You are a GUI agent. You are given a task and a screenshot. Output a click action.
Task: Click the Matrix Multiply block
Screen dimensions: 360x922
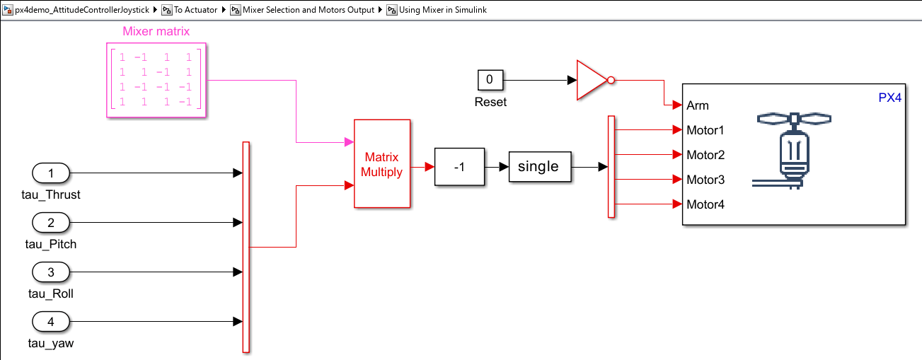[381, 163]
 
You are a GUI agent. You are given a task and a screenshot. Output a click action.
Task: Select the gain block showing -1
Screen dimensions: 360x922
[459, 167]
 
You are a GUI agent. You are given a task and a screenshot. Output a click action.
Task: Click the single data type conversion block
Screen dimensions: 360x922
[539, 167]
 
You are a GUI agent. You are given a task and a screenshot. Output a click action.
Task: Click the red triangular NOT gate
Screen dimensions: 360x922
[592, 81]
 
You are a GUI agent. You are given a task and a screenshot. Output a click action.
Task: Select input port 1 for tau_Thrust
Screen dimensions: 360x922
[51, 173]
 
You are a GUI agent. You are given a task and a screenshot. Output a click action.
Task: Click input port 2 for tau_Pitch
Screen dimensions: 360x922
[51, 223]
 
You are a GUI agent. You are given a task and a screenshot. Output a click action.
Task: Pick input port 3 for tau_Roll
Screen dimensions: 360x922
[51, 272]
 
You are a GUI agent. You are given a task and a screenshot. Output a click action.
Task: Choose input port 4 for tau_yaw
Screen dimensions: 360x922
[51, 323]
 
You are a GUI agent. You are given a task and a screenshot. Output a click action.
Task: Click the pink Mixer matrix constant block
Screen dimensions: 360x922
[156, 80]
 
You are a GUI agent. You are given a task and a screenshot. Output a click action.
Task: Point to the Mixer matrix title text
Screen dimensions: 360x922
[156, 32]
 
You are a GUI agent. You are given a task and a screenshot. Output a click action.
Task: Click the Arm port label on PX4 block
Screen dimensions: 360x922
[698, 106]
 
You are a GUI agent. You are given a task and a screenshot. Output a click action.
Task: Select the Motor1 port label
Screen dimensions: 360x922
[705, 131]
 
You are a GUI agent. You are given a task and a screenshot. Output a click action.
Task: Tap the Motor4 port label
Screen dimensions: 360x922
[705, 205]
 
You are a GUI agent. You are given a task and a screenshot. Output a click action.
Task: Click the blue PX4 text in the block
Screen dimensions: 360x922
[889, 98]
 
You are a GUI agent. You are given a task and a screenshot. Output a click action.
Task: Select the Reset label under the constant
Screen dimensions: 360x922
[490, 102]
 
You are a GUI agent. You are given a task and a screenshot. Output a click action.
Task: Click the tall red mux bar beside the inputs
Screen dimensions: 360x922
[246, 247]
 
